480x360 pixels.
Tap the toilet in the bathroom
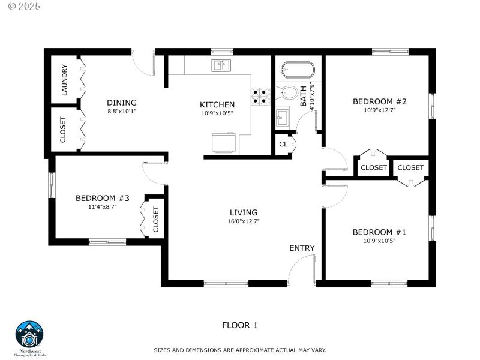(x=289, y=94)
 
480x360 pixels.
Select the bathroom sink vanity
(x=283, y=118)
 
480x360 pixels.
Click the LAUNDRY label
(x=64, y=80)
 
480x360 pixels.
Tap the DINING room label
(x=122, y=103)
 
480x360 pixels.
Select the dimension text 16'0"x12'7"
(x=244, y=221)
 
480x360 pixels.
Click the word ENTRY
(x=302, y=248)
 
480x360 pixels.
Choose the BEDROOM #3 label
(x=103, y=198)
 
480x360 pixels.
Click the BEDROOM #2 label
(x=380, y=101)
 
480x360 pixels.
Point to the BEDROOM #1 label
(x=380, y=232)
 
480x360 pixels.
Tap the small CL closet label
(x=283, y=144)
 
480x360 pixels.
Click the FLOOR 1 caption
(x=240, y=325)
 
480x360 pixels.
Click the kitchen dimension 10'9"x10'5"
(x=217, y=113)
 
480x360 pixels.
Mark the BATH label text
(x=304, y=96)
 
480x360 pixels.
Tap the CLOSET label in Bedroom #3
(x=156, y=220)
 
